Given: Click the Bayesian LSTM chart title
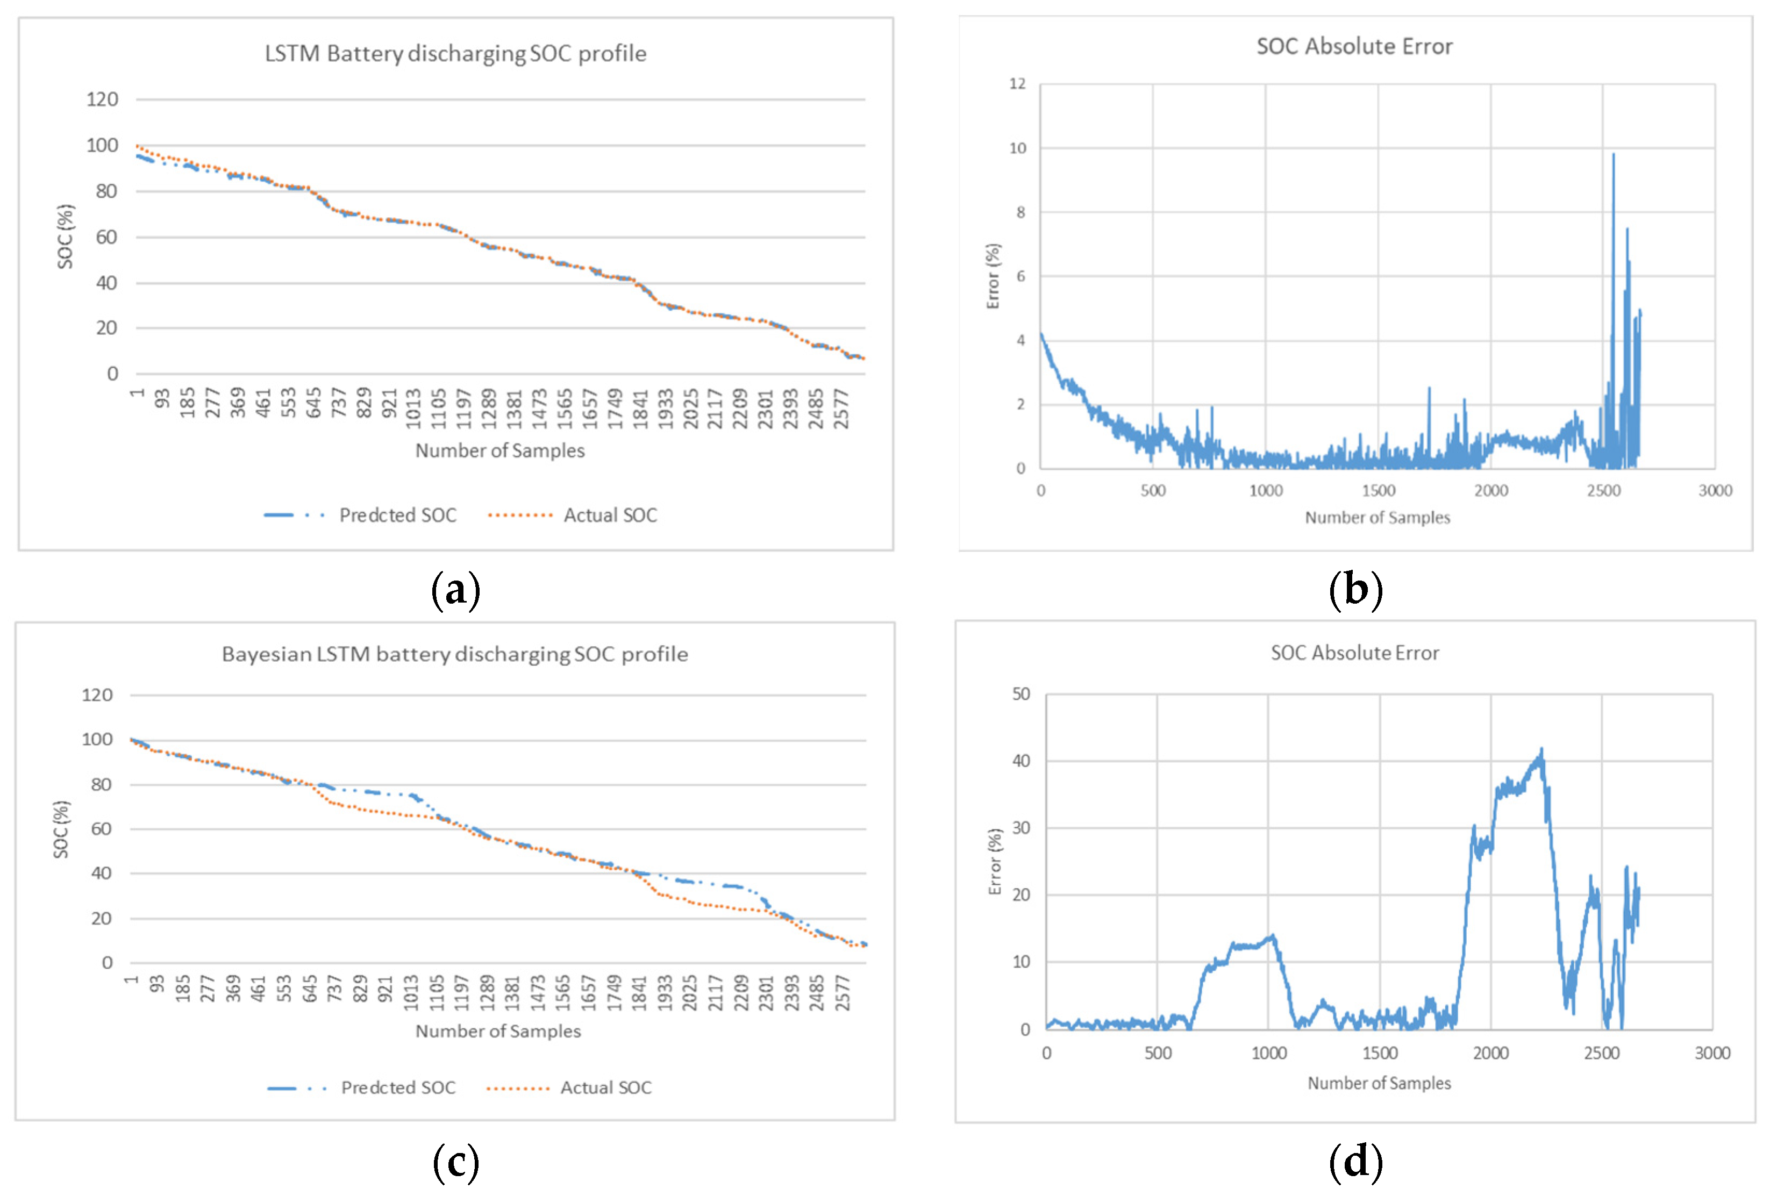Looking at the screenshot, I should point(454,654).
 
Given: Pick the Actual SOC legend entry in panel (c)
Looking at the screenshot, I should point(605,1087).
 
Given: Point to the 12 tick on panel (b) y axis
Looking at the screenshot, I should point(1017,83).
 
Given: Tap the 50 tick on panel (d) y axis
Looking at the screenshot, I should point(1021,694).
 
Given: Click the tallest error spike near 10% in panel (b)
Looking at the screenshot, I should point(1614,155).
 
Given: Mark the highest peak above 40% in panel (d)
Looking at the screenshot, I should point(1542,750).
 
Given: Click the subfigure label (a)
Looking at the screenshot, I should point(456,591).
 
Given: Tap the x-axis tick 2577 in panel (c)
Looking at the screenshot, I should point(842,993).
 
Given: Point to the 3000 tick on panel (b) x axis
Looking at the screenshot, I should point(1715,491).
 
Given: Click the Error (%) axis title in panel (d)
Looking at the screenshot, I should point(995,861).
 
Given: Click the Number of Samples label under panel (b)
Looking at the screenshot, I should point(1377,518).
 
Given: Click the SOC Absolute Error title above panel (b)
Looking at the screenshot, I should point(1354,47).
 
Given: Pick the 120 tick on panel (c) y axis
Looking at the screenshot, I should point(97,694).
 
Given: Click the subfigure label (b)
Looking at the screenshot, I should point(1355,591).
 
